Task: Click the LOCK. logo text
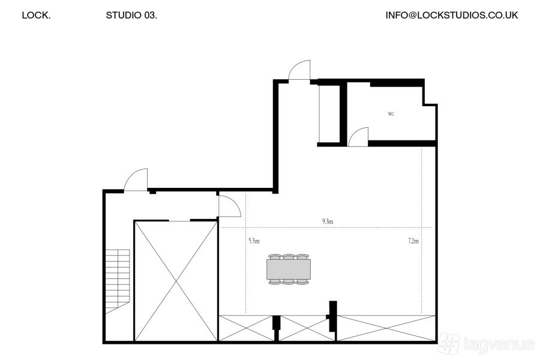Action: (x=36, y=15)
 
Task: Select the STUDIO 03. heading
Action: (x=131, y=15)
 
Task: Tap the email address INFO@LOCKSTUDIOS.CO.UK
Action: (x=451, y=15)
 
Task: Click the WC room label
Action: (x=391, y=114)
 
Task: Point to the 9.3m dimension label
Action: (x=328, y=221)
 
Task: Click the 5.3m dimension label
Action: (x=254, y=241)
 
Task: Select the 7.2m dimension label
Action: (x=413, y=241)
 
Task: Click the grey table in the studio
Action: (x=289, y=269)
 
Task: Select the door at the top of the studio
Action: (x=299, y=70)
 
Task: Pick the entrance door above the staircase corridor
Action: (x=136, y=180)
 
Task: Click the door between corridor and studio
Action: (x=229, y=206)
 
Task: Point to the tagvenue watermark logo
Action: (x=486, y=343)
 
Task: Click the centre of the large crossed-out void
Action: (x=176, y=281)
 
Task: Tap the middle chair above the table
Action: (x=289, y=257)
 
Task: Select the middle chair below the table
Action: (x=289, y=282)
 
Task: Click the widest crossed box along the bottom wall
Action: (x=386, y=328)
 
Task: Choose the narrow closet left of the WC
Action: (x=329, y=113)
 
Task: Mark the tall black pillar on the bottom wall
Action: (x=332, y=316)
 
